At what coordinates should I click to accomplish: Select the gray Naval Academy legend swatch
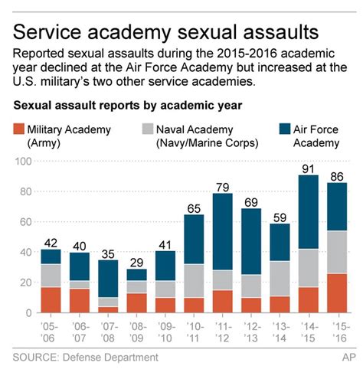[144, 129]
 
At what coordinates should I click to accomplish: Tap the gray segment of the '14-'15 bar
[310, 268]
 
